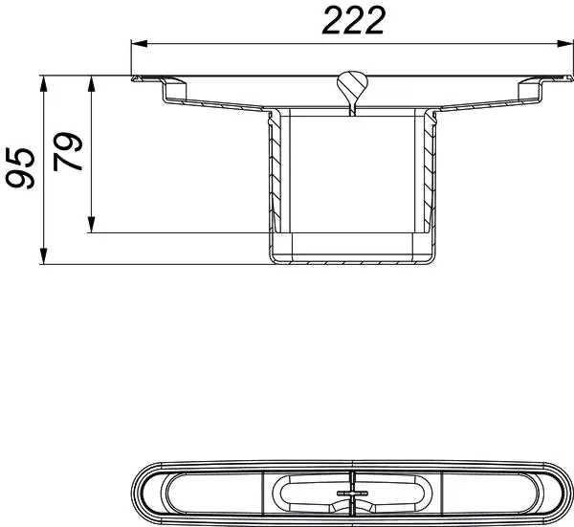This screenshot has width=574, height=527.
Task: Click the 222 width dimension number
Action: pos(353,19)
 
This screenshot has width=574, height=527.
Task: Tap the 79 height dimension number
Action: pos(67,153)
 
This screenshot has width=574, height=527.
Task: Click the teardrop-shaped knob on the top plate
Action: pos(351,84)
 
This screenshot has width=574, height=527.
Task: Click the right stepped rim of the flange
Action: pos(532,90)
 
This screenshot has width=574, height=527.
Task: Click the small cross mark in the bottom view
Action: pos(351,495)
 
